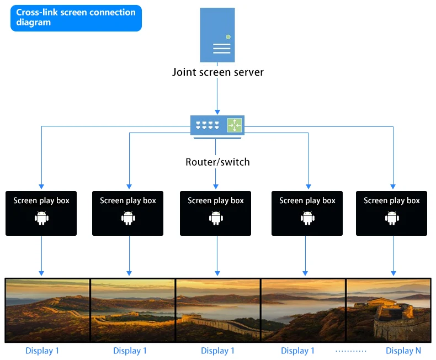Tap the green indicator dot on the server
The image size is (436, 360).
pos(228,36)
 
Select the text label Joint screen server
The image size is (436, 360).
pos(218,72)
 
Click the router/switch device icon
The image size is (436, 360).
pos(216,125)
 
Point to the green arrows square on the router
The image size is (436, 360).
pos(235,125)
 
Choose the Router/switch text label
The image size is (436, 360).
pos(217,162)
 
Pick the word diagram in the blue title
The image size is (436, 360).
pos(33,23)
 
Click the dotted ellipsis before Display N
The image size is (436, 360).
pos(351,351)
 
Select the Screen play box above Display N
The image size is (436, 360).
pos(392,213)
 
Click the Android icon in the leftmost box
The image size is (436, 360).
pos(41,218)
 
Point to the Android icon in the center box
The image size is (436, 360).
pos(216,218)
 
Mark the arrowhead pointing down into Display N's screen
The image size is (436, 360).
pos(393,273)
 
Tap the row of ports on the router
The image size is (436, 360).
pos(208,125)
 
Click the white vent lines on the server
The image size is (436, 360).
pos(221,49)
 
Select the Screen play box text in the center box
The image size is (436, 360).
pos(216,200)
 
